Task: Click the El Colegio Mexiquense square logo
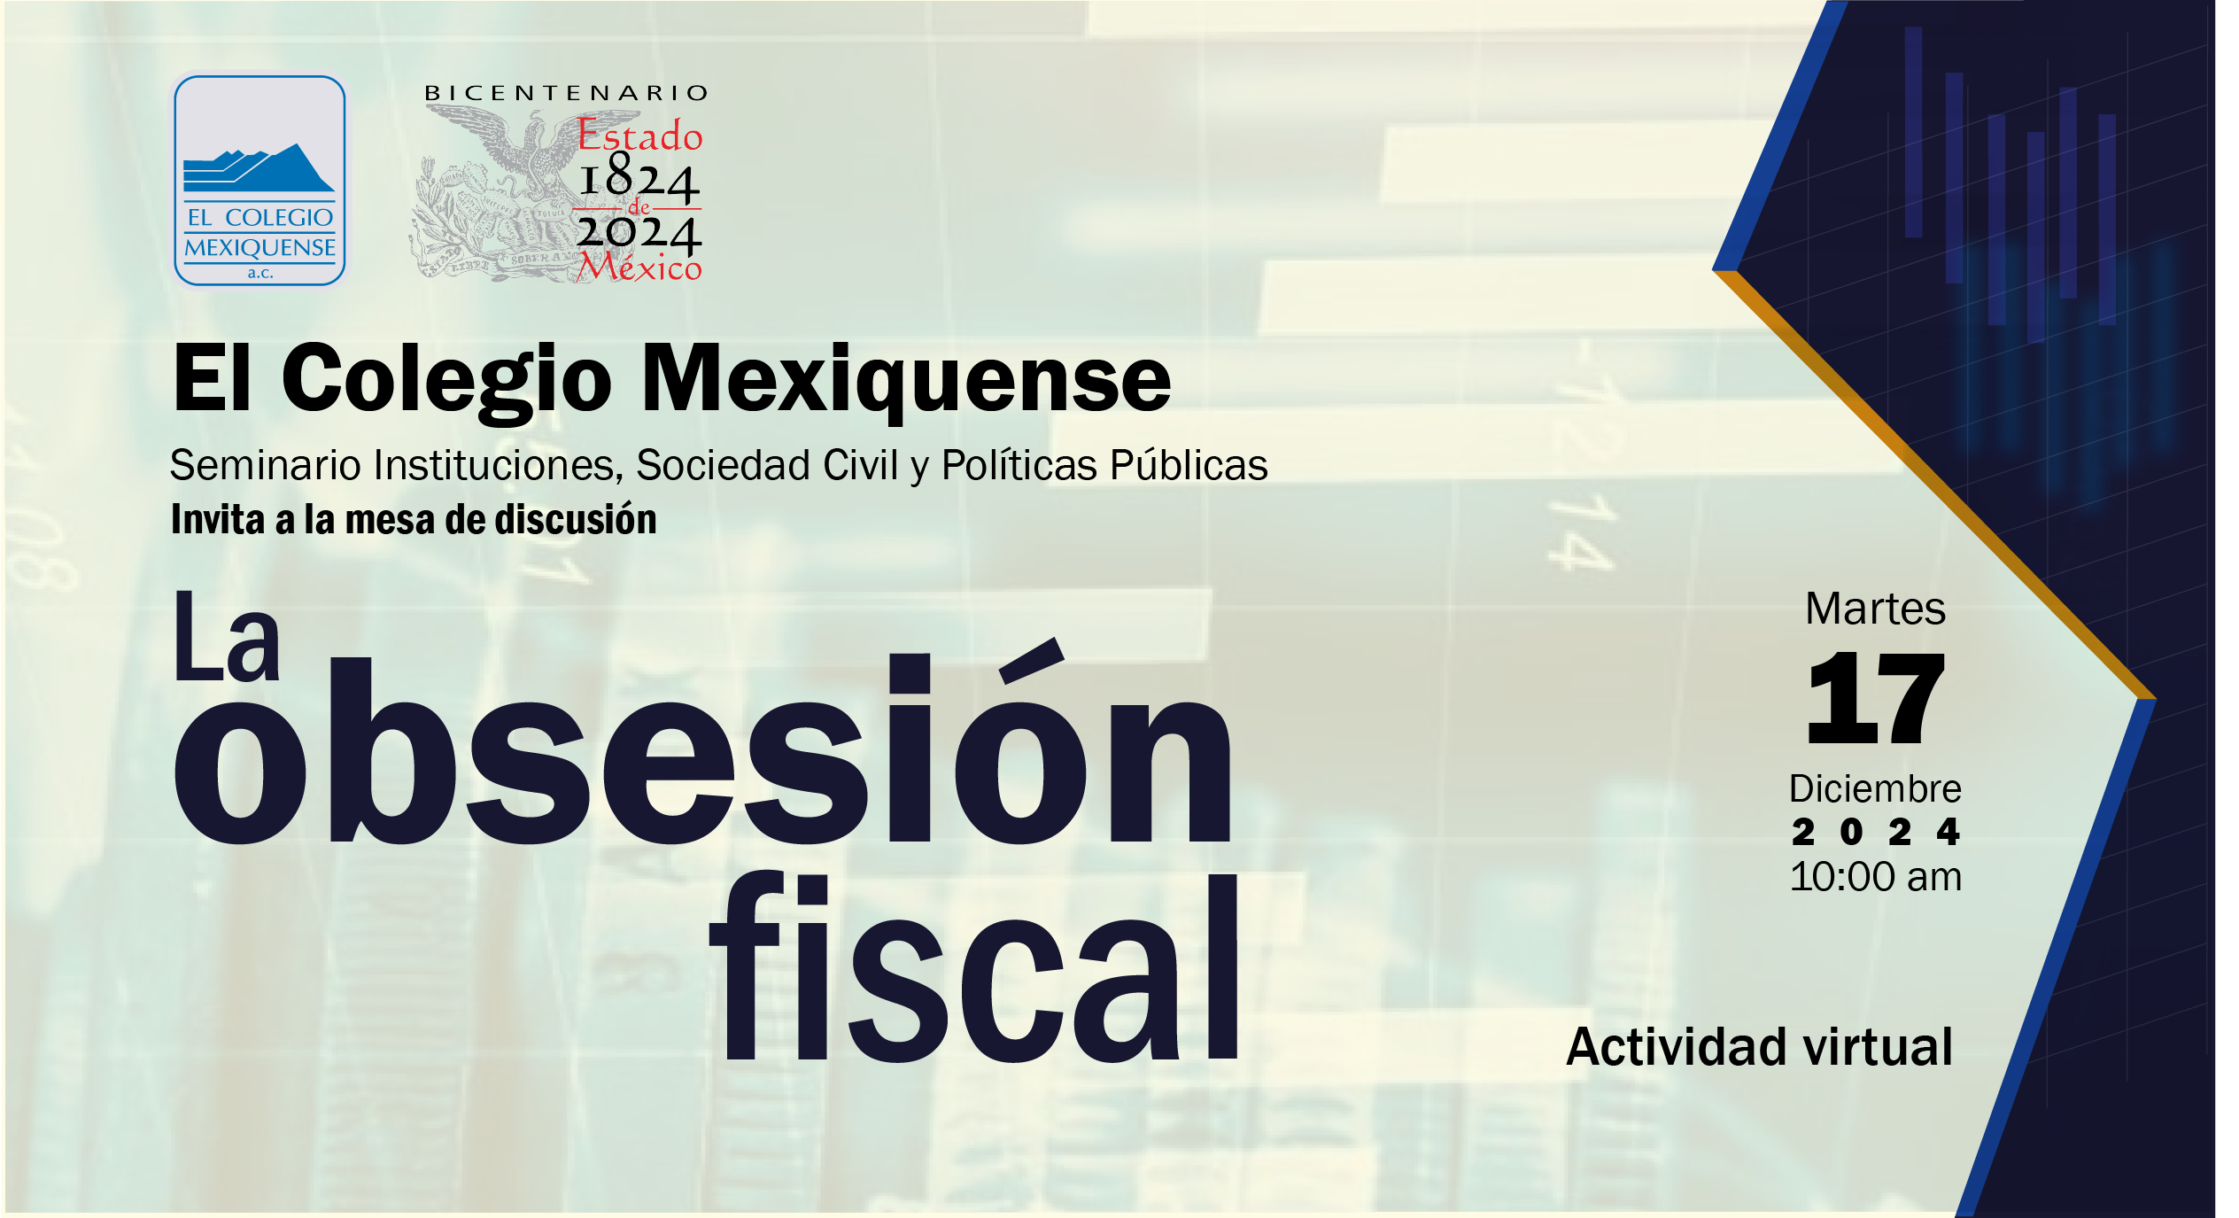260,181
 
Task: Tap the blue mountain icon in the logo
259,168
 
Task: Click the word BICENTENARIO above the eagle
567,93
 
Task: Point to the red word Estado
640,136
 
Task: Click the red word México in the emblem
639,266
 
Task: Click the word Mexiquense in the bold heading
906,380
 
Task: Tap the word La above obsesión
227,638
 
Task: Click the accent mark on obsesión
1031,660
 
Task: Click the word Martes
1875,609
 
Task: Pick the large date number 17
1876,698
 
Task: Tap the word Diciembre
1875,788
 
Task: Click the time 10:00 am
1876,877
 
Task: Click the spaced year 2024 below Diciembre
1876,832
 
